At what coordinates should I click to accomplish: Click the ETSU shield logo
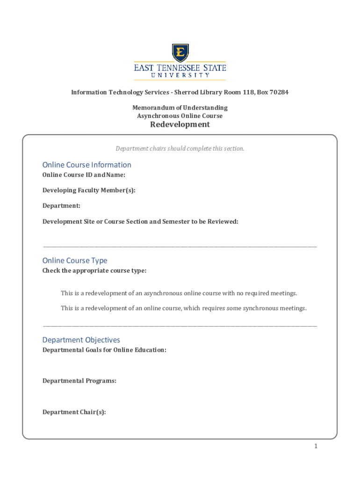point(180,53)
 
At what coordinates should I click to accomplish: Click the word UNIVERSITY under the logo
point(180,75)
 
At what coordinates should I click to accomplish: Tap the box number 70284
point(278,92)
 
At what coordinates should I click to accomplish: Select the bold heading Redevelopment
point(180,124)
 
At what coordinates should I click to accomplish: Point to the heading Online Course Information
point(87,165)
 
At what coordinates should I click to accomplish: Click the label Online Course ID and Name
point(84,175)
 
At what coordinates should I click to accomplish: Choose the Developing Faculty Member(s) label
point(89,190)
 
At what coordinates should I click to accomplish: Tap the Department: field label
point(61,206)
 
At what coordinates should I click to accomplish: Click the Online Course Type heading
point(75,261)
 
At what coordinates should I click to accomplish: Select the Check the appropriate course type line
point(94,271)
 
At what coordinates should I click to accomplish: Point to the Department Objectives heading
point(81,340)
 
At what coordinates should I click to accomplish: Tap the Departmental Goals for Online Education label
point(104,350)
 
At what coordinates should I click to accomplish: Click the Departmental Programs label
point(79,381)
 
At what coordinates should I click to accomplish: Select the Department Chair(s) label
point(74,412)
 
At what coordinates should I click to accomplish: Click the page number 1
point(316,446)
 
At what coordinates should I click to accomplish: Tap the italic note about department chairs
point(180,149)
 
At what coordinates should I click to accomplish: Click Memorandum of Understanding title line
point(180,108)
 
